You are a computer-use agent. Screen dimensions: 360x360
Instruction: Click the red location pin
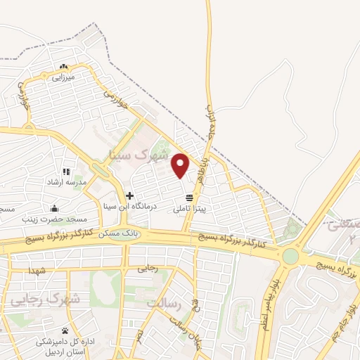(x=181, y=165)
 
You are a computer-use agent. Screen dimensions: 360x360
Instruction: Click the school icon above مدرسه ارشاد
(x=66, y=172)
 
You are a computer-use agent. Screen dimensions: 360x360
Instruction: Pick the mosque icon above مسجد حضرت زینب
(x=54, y=208)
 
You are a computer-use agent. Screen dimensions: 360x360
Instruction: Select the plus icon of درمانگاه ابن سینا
(x=129, y=195)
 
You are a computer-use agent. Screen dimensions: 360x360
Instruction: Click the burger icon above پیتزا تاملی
(x=188, y=198)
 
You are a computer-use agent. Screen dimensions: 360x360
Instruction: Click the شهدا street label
(x=37, y=271)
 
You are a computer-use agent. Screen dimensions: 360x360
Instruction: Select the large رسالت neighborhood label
(x=165, y=303)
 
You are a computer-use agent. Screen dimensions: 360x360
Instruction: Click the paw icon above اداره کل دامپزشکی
(x=65, y=330)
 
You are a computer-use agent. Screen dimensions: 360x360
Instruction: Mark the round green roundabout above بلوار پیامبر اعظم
(x=290, y=257)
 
